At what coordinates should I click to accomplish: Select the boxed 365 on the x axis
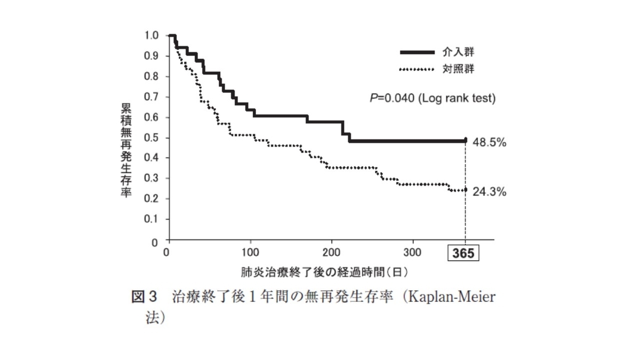click(463, 254)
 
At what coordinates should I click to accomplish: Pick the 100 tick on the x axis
click(250, 252)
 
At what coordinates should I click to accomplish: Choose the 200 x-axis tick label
click(332, 252)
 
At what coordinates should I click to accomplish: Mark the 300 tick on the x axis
click(413, 252)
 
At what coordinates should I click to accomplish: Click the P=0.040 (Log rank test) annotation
click(433, 99)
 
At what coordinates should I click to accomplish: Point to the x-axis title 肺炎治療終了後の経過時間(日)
click(324, 272)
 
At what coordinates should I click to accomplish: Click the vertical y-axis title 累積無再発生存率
click(125, 151)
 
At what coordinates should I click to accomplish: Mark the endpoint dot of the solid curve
click(466, 140)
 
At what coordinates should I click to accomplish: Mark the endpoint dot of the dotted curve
click(466, 189)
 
